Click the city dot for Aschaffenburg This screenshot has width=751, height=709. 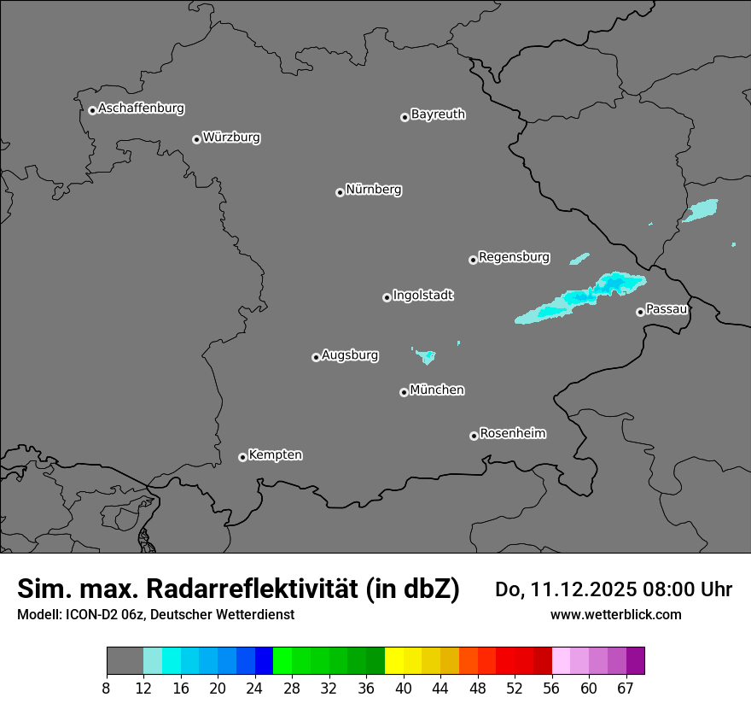click(92, 110)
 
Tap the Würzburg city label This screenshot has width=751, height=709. click(231, 138)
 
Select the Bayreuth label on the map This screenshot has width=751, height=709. click(438, 114)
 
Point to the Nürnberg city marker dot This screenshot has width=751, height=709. click(340, 192)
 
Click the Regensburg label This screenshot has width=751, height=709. click(514, 257)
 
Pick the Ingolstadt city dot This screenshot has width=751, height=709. click(387, 297)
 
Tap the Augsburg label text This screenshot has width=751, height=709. click(350, 355)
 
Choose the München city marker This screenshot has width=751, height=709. click(404, 392)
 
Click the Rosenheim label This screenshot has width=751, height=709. click(512, 434)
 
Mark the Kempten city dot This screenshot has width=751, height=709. click(242, 457)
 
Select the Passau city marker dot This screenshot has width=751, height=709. click(640, 312)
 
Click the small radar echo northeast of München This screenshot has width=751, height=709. click(425, 355)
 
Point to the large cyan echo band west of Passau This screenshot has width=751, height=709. click(580, 297)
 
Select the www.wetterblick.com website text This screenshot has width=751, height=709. click(615, 614)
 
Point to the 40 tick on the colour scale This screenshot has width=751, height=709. click(404, 688)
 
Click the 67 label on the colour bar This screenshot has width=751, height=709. click(626, 688)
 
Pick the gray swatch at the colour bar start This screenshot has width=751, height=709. click(125, 661)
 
